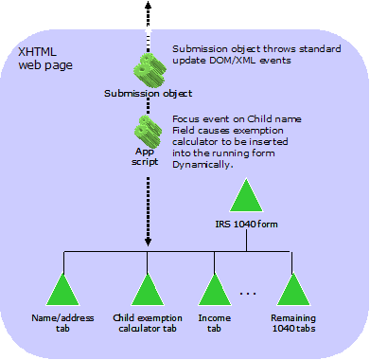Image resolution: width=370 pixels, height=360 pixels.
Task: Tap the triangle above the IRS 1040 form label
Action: click(x=247, y=196)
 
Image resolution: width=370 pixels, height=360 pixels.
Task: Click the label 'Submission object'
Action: click(x=148, y=94)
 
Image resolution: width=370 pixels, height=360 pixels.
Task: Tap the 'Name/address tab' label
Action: click(x=63, y=324)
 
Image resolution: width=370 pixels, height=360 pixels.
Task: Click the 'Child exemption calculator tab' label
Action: click(x=147, y=324)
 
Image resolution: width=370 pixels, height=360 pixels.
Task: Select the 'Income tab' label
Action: click(x=215, y=324)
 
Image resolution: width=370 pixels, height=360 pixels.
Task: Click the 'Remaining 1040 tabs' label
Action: click(x=293, y=324)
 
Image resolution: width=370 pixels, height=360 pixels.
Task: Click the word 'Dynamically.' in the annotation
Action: click(x=203, y=165)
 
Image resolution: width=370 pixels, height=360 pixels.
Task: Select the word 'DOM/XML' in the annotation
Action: click(x=236, y=61)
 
